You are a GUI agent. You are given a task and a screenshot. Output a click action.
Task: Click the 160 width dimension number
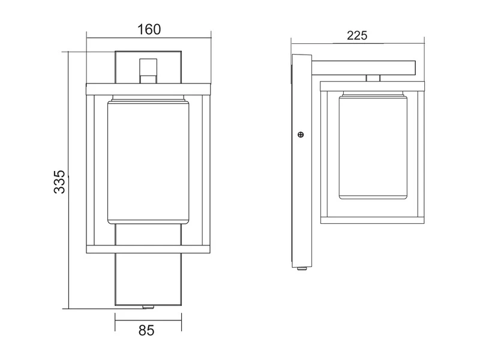tap(149, 29)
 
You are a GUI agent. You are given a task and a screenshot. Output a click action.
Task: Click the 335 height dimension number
tap(59, 182)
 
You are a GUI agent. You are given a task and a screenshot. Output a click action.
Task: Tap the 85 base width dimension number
tap(146, 331)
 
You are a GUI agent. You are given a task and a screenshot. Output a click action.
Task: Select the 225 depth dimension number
tap(357, 36)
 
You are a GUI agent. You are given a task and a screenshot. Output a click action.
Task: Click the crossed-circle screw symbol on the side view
tap(301, 134)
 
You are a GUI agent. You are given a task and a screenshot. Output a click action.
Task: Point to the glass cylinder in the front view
tap(148, 162)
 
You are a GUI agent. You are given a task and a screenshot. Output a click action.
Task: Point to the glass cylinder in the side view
tap(373, 147)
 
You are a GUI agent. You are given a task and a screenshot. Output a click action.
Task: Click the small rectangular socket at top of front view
tap(148, 71)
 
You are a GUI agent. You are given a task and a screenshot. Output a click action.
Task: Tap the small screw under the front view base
tap(148, 307)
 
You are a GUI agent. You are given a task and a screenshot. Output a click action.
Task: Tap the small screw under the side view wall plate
tap(302, 269)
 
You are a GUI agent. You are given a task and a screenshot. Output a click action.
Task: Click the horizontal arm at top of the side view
tap(364, 67)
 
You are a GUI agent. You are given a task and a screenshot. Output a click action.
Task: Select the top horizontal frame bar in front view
tap(148, 89)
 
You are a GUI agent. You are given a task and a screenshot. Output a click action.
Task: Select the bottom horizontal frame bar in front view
tap(148, 249)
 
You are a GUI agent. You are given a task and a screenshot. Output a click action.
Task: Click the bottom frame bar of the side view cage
tap(372, 220)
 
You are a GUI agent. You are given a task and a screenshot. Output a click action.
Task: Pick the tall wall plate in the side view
tap(302, 161)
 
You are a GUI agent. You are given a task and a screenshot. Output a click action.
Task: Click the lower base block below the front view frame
tap(148, 279)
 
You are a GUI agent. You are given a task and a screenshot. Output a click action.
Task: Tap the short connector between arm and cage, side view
tap(373, 78)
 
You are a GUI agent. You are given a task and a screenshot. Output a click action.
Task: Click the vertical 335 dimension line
tap(68, 181)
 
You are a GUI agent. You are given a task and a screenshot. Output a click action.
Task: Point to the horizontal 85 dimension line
tap(148, 321)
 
